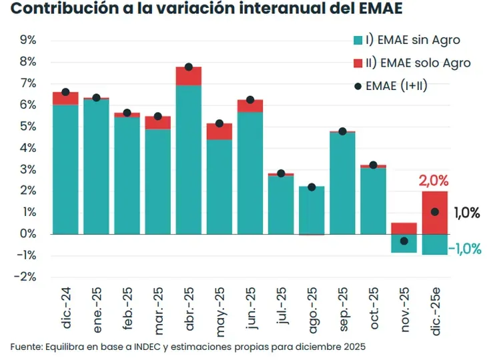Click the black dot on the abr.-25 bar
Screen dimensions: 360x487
(189, 67)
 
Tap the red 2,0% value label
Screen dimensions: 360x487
(434, 181)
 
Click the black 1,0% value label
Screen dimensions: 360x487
(467, 213)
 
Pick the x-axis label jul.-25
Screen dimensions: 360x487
(281, 309)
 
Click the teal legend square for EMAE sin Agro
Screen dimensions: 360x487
(359, 40)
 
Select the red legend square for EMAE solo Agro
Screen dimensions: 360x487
(359, 63)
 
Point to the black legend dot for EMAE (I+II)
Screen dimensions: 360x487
(359, 86)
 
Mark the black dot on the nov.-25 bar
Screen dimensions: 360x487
(404, 241)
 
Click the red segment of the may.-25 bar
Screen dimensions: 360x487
(219, 131)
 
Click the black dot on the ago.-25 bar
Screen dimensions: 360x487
(312, 187)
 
